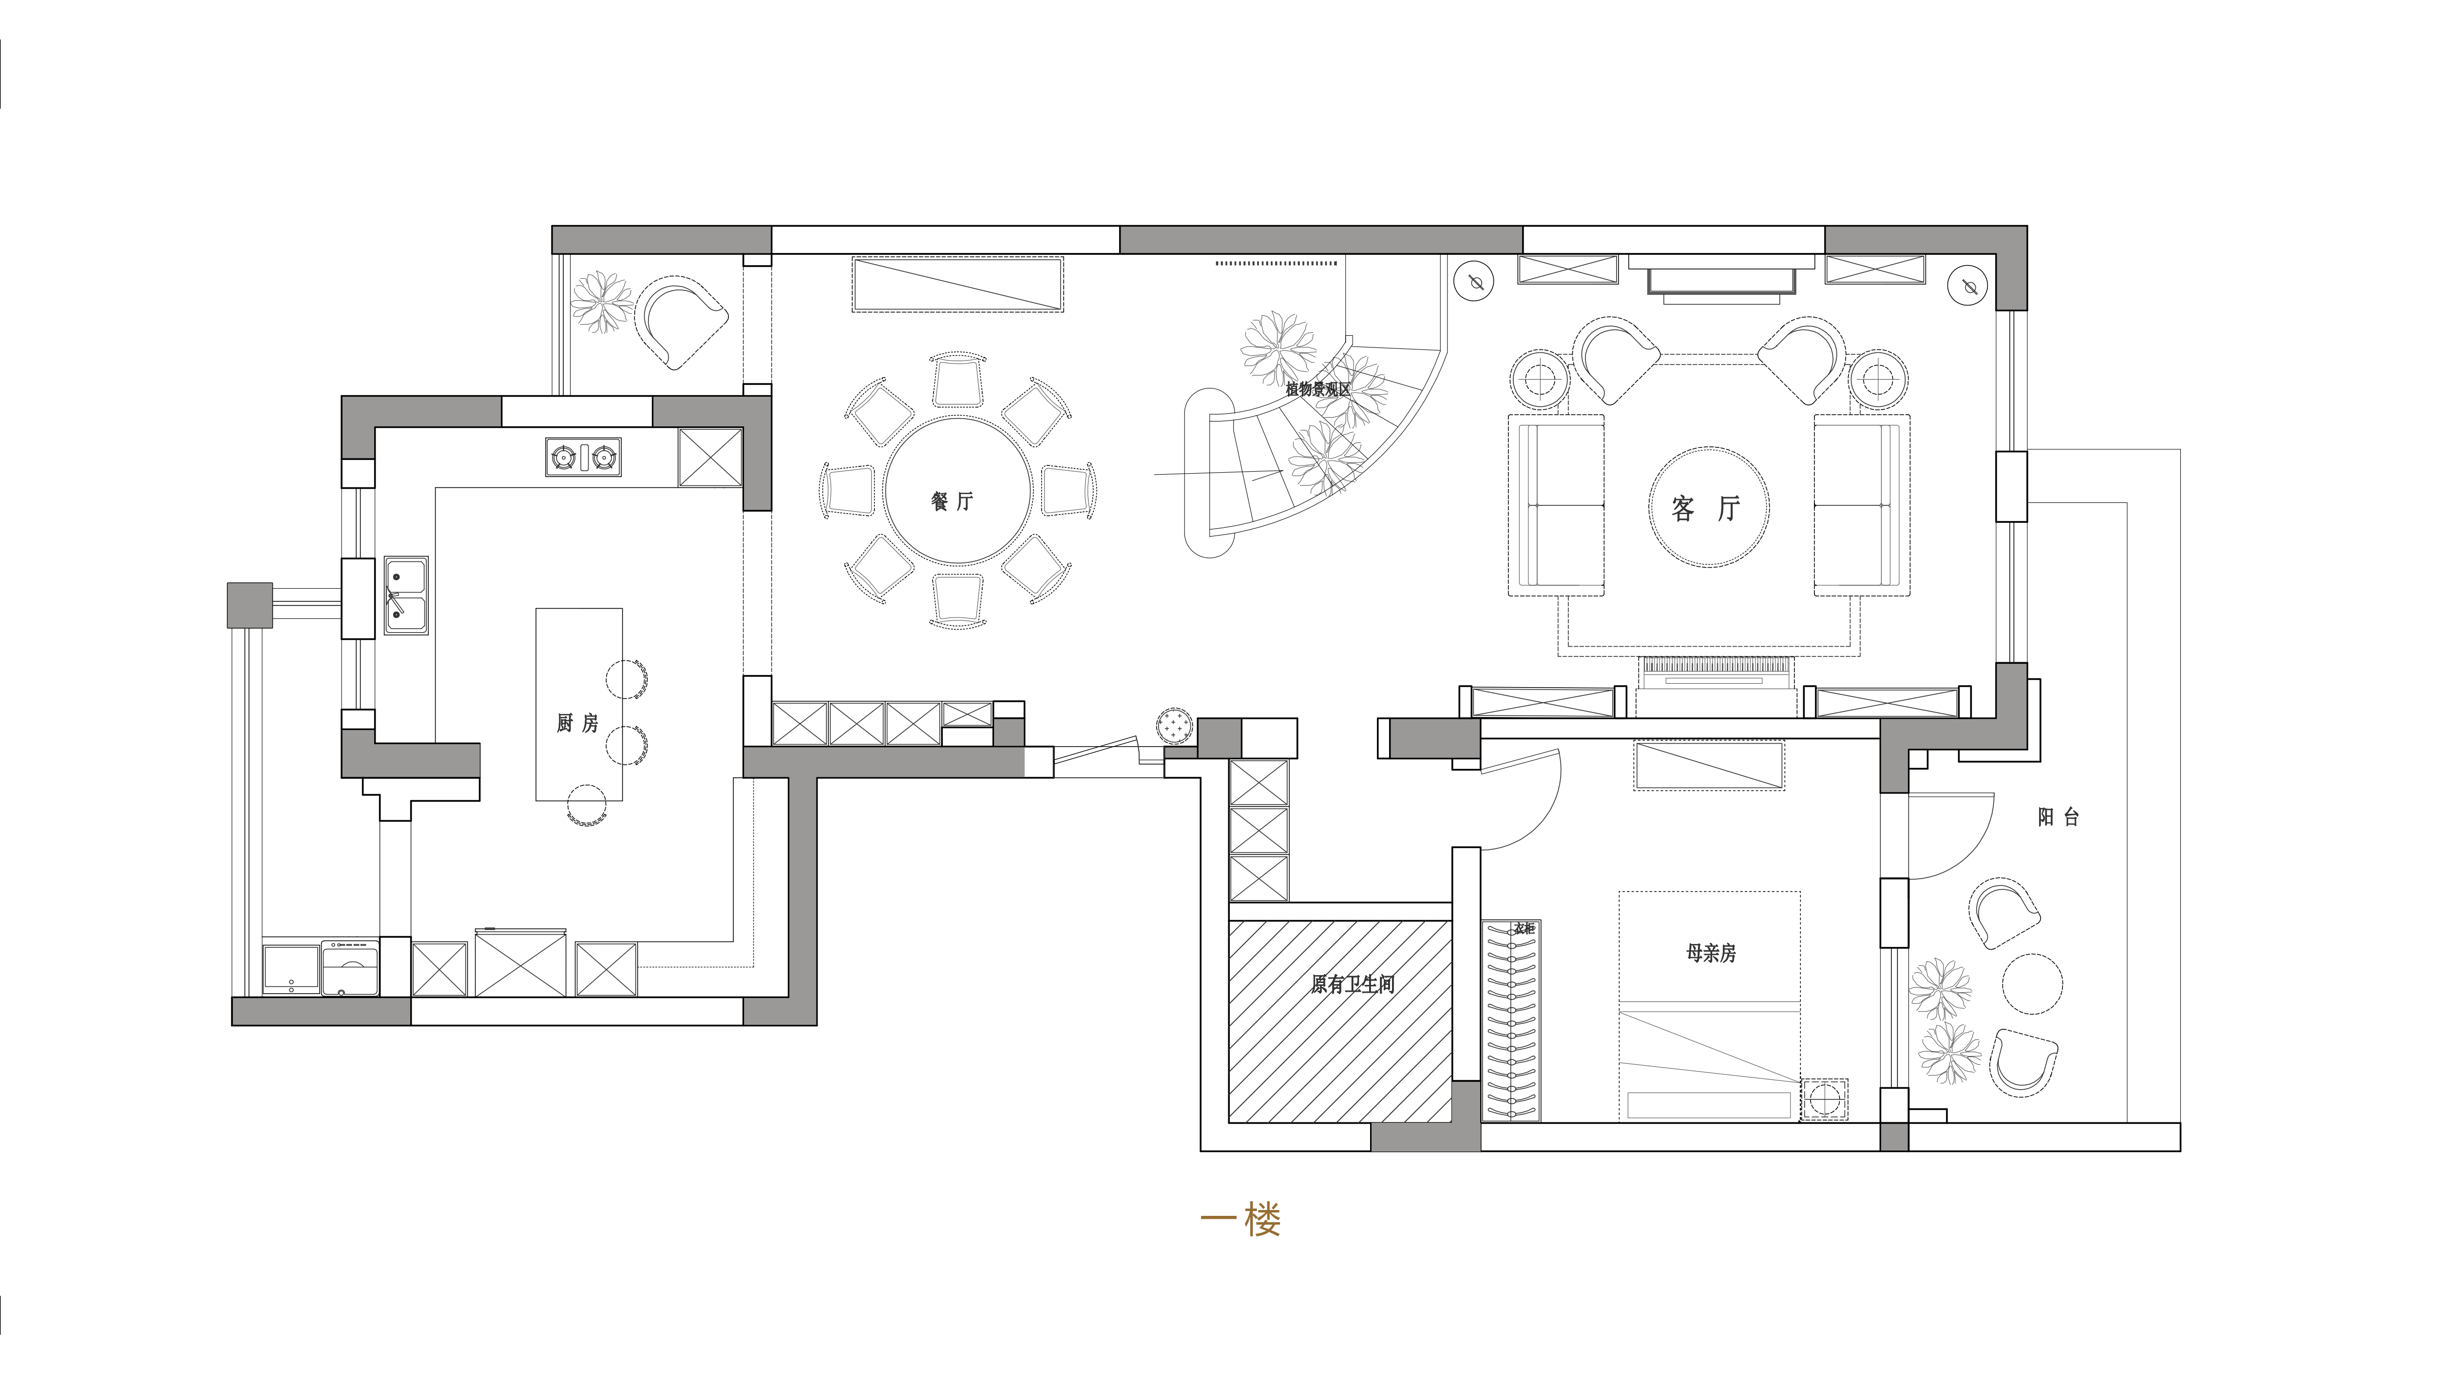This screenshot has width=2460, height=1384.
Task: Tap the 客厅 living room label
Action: click(1707, 508)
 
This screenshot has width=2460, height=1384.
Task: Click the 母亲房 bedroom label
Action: click(1710, 952)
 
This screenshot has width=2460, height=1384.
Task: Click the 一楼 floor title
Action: click(1240, 1220)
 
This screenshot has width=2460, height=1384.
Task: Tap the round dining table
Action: click(958, 490)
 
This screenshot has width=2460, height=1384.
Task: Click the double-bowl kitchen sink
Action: click(406, 595)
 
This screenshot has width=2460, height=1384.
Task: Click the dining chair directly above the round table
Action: click(958, 379)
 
